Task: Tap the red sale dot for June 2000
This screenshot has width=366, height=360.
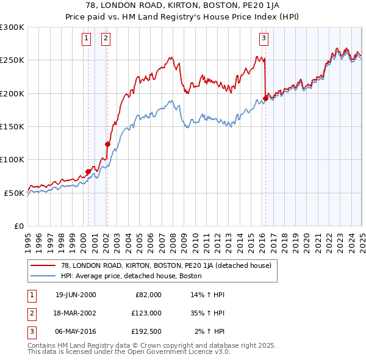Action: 88,171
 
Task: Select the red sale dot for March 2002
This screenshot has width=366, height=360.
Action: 107,145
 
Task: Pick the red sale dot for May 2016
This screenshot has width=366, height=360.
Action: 265,98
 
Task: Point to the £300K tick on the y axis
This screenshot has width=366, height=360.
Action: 13,27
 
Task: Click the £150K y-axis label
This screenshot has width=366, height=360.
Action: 13,126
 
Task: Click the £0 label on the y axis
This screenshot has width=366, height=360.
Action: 19,226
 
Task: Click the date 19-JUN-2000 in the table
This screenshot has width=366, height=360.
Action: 76,294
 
